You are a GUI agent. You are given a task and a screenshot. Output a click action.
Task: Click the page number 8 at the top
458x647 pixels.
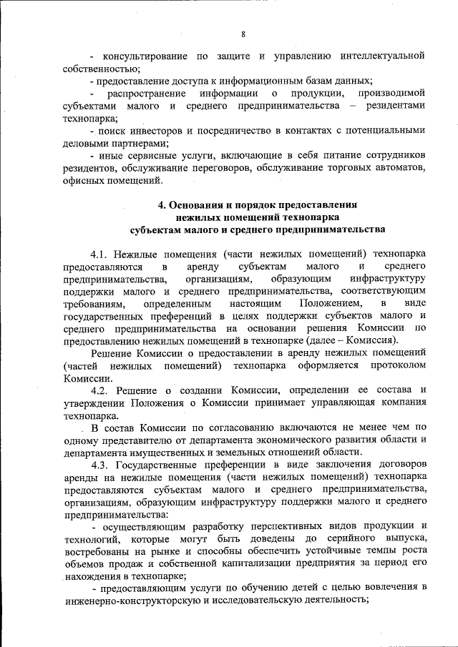coord(243,34)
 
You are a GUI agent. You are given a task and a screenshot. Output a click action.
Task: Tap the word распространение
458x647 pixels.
coord(147,94)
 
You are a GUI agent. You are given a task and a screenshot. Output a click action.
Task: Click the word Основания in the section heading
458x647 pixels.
coord(199,204)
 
